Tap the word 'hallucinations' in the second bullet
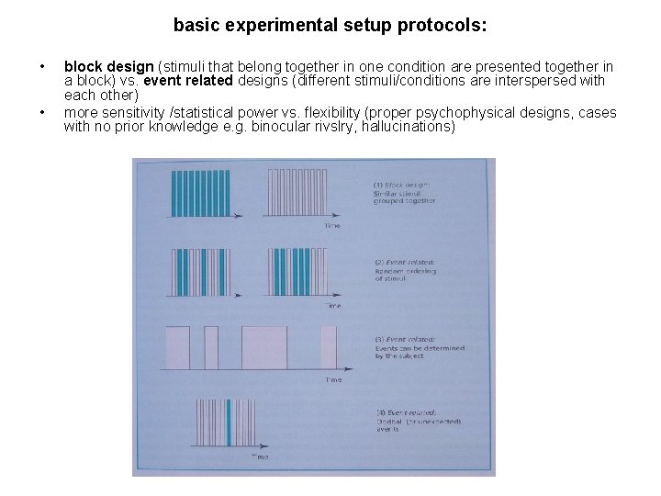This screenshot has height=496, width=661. click(x=404, y=127)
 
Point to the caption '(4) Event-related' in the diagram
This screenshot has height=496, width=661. click(x=407, y=412)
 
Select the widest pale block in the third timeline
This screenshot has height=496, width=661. click(x=264, y=347)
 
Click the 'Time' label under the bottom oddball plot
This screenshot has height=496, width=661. click(x=261, y=457)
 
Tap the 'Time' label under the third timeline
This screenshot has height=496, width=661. click(x=333, y=378)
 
